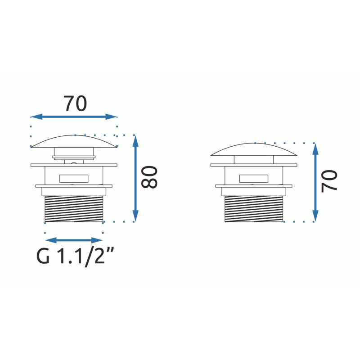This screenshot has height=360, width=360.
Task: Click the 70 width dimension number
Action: [75, 103]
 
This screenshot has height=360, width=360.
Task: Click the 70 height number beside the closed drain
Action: [330, 181]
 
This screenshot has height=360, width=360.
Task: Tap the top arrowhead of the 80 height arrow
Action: [135, 140]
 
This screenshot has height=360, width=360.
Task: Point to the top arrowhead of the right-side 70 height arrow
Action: [315, 149]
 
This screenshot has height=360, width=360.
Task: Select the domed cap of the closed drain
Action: [254, 149]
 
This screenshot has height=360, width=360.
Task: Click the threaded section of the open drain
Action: [74, 209]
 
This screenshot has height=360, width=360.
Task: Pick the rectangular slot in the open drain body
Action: [74, 178]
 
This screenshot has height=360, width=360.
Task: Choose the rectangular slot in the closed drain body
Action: [254, 178]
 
